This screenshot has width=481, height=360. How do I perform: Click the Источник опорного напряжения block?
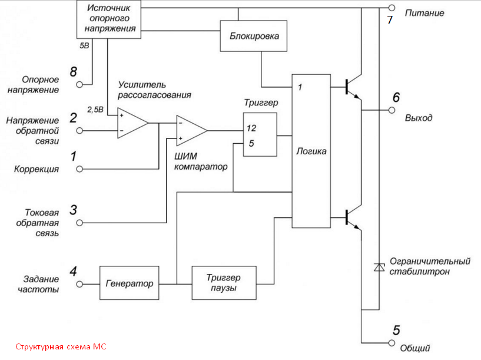(x=110, y=19)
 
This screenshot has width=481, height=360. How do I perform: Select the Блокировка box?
(x=254, y=37)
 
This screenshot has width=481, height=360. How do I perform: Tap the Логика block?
(x=311, y=151)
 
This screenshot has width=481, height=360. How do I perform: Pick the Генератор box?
(x=130, y=283)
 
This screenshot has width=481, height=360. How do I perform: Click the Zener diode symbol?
(x=378, y=267)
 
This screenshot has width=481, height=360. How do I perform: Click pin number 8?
(x=73, y=72)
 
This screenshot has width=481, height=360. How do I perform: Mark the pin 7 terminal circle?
(x=392, y=8)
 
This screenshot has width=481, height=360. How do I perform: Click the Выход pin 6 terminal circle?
(x=392, y=110)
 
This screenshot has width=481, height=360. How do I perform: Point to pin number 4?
(x=73, y=272)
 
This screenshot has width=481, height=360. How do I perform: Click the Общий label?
(x=415, y=348)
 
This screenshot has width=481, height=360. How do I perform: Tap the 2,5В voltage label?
(x=95, y=109)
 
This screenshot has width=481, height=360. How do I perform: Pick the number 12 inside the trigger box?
(x=252, y=128)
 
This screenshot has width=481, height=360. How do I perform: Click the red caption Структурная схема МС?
(x=61, y=347)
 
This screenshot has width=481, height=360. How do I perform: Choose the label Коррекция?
(x=37, y=169)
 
